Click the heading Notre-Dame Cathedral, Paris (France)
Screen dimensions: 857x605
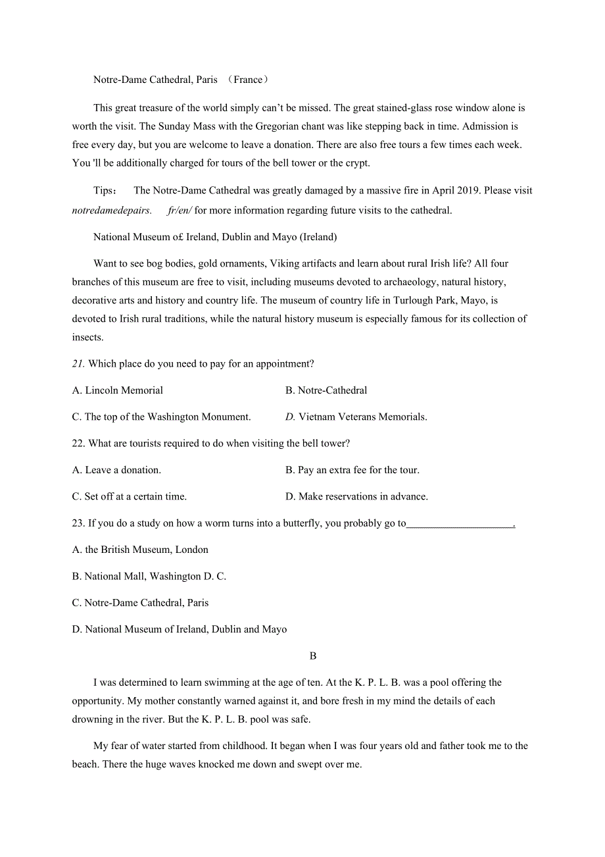pyautogui.click(x=181, y=80)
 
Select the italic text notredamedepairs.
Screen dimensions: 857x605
pyautogui.click(x=112, y=211)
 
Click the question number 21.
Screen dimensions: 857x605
pyautogui.click(x=78, y=364)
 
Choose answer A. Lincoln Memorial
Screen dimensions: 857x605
pyautogui.click(x=118, y=390)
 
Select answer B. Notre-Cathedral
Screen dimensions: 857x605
pyautogui.click(x=326, y=390)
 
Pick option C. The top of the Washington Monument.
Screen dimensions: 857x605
pyautogui.click(x=161, y=417)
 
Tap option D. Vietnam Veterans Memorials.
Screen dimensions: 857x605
pyautogui.click(x=356, y=417)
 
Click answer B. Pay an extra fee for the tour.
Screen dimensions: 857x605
pyautogui.click(x=352, y=470)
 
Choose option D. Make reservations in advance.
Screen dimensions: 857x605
pyautogui.click(x=356, y=497)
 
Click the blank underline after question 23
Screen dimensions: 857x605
pyautogui.click(x=460, y=524)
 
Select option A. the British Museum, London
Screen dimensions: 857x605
pyautogui.click(x=140, y=550)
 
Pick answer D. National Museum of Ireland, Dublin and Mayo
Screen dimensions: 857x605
pyautogui.click(x=180, y=629)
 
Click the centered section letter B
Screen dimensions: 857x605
pyautogui.click(x=313, y=656)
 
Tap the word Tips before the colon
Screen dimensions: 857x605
pyautogui.click(x=103, y=191)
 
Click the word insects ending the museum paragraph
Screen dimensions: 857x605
pyautogui.click(x=87, y=338)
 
